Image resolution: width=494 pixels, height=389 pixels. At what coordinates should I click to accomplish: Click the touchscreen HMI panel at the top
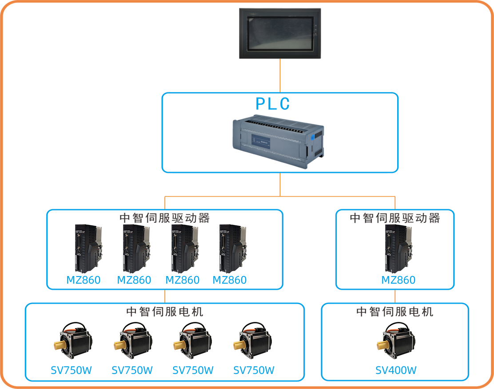click(x=280, y=33)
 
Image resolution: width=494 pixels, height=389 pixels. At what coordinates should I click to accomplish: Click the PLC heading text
click(x=273, y=104)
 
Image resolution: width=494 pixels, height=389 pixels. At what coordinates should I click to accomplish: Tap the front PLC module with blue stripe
click(x=278, y=140)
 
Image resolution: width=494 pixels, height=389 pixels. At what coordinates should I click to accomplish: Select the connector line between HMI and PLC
click(x=280, y=76)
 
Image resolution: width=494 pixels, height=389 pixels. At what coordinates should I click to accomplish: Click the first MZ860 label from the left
click(x=84, y=280)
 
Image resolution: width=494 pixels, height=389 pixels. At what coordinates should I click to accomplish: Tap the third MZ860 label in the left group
click(x=182, y=280)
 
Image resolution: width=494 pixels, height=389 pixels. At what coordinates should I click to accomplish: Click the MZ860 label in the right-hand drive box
click(x=398, y=280)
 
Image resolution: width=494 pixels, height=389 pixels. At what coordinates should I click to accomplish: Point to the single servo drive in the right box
click(x=398, y=248)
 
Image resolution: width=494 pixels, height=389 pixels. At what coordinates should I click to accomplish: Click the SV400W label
click(x=396, y=370)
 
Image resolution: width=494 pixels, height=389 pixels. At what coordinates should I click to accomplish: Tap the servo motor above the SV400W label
click(x=396, y=340)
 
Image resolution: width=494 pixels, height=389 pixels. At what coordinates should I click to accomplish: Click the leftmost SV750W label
click(x=71, y=370)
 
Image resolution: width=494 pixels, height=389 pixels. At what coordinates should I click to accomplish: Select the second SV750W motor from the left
click(x=132, y=340)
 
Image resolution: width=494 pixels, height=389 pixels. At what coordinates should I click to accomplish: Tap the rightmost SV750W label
click(x=254, y=370)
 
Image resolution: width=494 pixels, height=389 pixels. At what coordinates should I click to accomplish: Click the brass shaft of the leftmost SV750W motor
click(x=60, y=346)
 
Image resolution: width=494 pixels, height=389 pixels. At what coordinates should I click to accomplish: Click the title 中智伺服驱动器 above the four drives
click(x=165, y=218)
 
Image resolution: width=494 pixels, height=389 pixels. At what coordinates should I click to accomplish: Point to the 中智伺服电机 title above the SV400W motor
click(x=394, y=312)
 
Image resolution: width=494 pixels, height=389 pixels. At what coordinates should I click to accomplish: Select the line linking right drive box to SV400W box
click(x=395, y=297)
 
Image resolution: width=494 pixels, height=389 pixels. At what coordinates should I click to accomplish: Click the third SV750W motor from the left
click(x=192, y=340)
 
